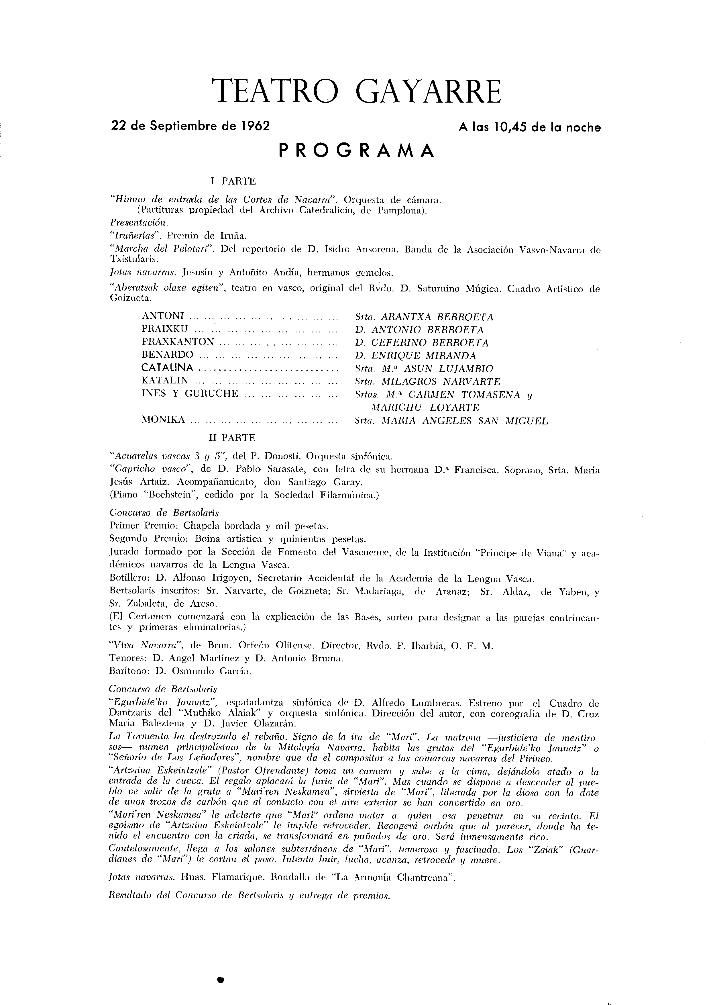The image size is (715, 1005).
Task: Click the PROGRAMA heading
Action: pyautogui.click(x=357, y=151)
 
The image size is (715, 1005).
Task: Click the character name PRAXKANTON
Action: pyautogui.click(x=178, y=342)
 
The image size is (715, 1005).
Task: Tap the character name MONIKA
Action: pyautogui.click(x=163, y=420)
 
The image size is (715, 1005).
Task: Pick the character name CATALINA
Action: pyautogui.click(x=168, y=368)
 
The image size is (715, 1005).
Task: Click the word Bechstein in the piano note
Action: pyautogui.click(x=166, y=495)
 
